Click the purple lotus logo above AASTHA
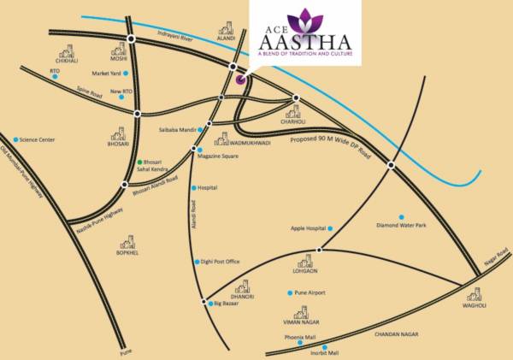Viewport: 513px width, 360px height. point(304,18)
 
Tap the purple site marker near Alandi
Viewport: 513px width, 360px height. point(240,80)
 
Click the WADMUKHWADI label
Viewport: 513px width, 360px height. point(251,143)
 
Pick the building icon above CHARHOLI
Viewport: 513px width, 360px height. point(293,111)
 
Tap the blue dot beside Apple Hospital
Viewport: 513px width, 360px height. point(331,228)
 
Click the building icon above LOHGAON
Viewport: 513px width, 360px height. point(306,261)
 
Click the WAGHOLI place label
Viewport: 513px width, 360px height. point(475,304)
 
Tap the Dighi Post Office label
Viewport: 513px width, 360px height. point(221,262)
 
